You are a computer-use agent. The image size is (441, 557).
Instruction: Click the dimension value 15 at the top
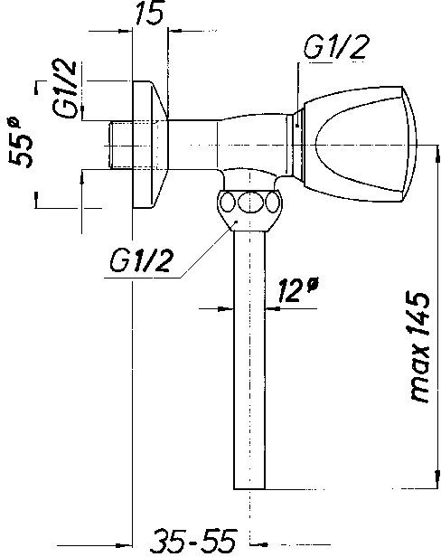(x=150, y=14)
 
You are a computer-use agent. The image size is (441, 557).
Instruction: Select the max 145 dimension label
(x=420, y=347)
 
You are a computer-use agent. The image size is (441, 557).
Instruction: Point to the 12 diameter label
(x=296, y=290)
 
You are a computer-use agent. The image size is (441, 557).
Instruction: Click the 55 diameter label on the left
(x=21, y=143)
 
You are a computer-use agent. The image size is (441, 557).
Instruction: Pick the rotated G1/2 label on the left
(x=64, y=89)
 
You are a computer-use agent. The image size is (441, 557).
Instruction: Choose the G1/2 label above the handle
(x=335, y=46)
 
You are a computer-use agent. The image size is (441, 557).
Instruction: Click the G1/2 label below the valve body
(x=141, y=260)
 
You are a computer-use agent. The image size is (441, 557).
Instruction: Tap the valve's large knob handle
(x=359, y=144)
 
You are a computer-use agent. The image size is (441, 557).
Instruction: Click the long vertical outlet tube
(x=249, y=360)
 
